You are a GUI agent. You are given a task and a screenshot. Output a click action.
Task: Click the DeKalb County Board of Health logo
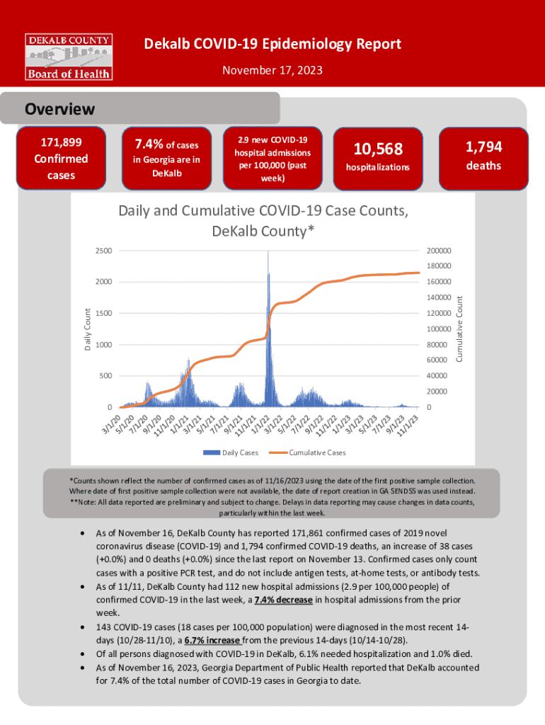click(69, 56)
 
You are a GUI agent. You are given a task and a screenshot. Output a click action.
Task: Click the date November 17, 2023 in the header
click(272, 70)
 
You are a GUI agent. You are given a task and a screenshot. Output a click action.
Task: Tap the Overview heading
click(60, 109)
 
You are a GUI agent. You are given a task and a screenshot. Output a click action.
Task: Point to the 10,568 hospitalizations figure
click(378, 149)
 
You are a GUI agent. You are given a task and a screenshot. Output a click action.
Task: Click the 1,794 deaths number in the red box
click(483, 147)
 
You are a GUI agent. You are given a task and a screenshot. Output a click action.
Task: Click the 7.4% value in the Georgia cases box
click(149, 145)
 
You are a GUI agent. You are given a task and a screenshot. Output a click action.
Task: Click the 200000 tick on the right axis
click(439, 251)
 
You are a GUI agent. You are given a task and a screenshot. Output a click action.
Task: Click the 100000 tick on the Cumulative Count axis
click(439, 329)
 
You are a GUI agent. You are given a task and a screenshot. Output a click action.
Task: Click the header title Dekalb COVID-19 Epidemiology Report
click(272, 45)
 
